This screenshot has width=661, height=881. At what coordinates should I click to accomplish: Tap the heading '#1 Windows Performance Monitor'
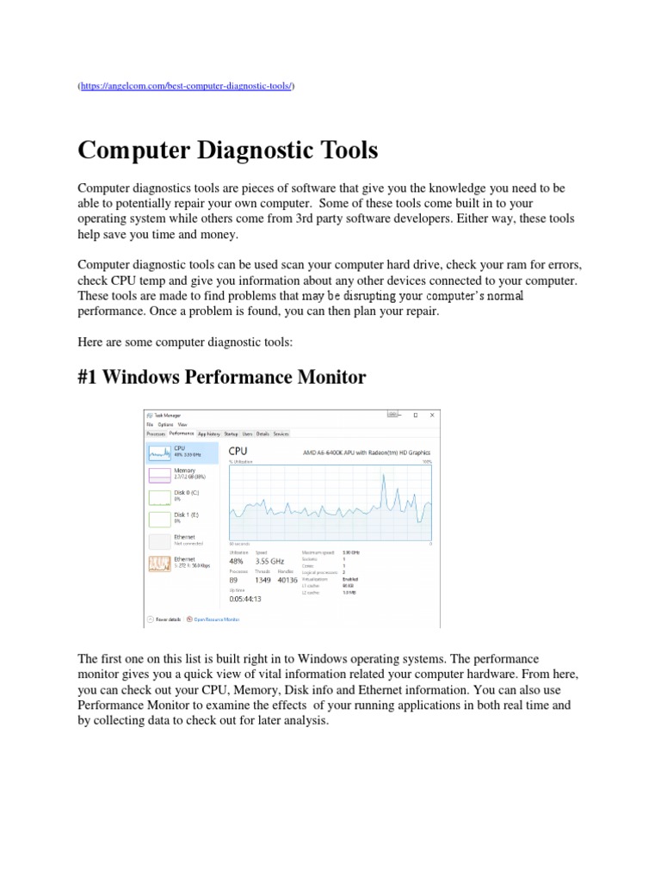click(222, 377)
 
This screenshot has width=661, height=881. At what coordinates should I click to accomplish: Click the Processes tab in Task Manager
click(156, 434)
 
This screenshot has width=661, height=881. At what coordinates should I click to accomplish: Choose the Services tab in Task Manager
click(281, 434)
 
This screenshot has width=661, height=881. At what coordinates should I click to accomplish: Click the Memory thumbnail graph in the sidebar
click(159, 474)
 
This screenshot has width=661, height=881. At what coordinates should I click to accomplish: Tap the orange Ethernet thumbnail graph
click(159, 564)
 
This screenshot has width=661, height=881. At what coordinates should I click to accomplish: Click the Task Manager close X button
click(435, 414)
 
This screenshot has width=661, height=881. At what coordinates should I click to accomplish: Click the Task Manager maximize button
click(415, 414)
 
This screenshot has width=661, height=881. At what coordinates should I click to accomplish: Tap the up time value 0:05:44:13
click(245, 598)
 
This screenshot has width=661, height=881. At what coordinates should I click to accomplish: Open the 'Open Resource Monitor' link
click(216, 619)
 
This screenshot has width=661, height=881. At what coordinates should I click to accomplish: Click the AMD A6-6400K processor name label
click(367, 452)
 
